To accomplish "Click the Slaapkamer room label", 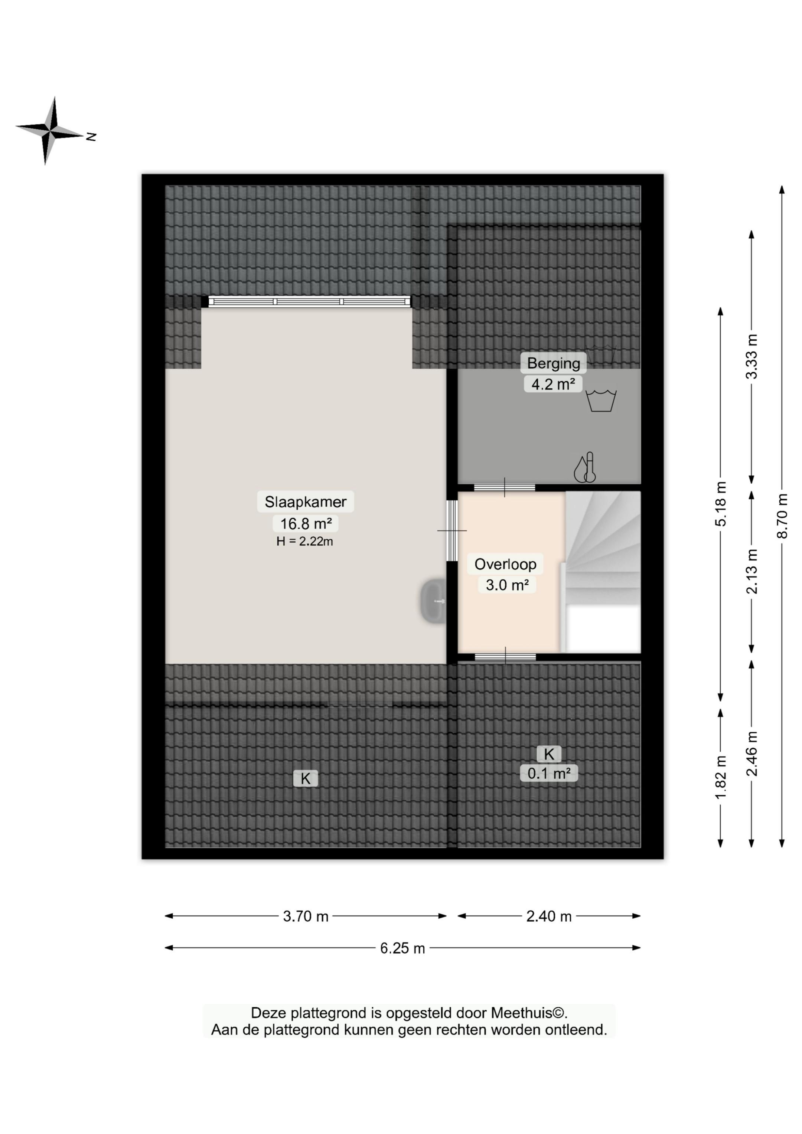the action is (x=305, y=502).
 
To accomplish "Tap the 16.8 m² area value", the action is (x=305, y=523).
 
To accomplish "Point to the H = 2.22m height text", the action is (x=304, y=541).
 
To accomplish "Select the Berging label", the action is (x=554, y=363).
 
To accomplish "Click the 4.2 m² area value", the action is (x=553, y=384).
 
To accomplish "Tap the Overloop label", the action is (x=505, y=564).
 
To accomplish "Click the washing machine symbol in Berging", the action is (x=601, y=400).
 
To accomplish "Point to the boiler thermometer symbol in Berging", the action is (x=584, y=468).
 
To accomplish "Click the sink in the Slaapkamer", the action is (x=433, y=601).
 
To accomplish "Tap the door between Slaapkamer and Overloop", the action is (x=451, y=531).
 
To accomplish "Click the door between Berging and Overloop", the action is (x=505, y=487).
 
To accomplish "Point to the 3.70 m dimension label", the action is (x=305, y=916).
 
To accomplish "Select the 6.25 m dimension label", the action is (x=402, y=948).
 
